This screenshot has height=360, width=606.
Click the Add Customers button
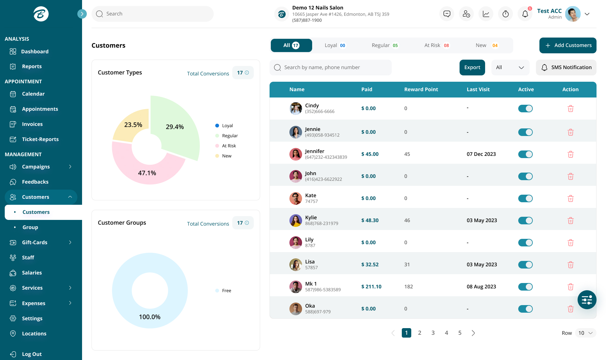567,45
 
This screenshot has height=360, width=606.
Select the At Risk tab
437,45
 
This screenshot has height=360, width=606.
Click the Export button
472,68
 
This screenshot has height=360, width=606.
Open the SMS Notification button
566,68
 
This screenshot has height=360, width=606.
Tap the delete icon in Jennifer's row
570,154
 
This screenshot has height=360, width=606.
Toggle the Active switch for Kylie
525,221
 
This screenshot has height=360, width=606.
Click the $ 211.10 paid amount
371,287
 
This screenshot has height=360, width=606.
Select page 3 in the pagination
433,333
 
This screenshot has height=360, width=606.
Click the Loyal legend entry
227,126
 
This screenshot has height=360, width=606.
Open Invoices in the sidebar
32,124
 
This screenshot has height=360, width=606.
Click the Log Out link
32,354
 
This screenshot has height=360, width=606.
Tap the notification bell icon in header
525,14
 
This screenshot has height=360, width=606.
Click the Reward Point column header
421,90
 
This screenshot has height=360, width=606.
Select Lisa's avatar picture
295,265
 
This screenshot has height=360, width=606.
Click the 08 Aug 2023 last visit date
481,287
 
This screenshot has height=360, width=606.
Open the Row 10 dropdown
585,333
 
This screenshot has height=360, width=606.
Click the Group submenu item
30,227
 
